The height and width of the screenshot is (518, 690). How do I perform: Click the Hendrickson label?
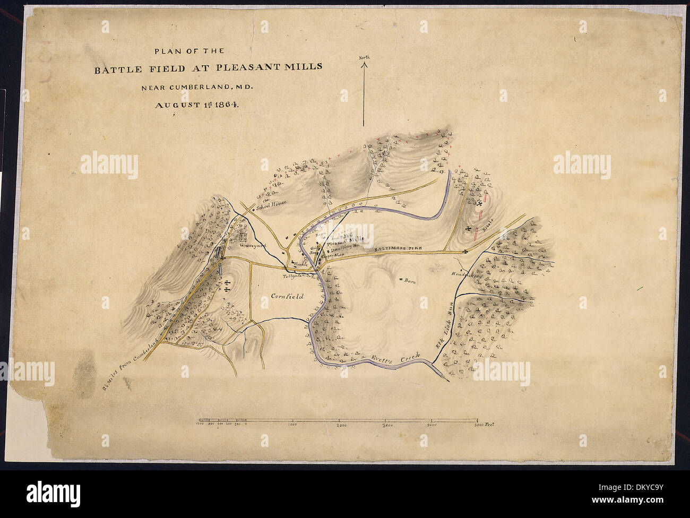point(465,275)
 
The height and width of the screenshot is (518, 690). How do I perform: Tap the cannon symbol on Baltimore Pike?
point(465,251)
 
